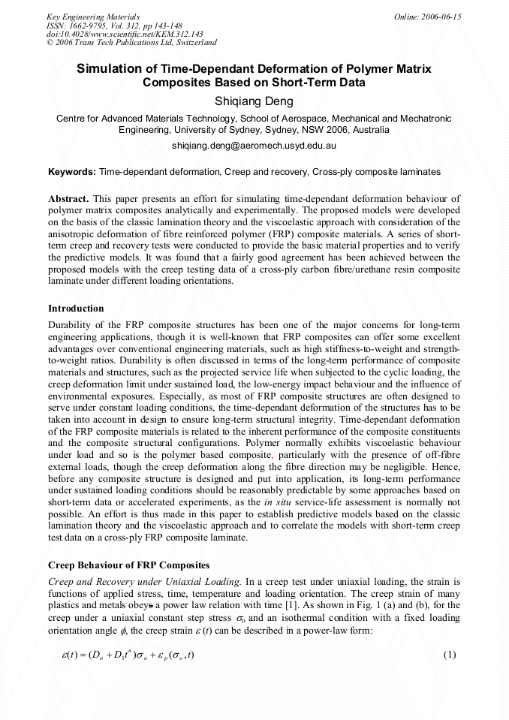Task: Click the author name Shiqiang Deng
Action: pos(254,101)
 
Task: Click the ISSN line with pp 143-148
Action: pos(114,25)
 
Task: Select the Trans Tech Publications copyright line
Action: pos(131,43)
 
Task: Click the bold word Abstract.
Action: pos(68,198)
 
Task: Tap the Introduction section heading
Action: pos(76,309)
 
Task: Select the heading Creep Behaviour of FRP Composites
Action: pos(128,565)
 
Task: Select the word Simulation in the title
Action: pos(110,68)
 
